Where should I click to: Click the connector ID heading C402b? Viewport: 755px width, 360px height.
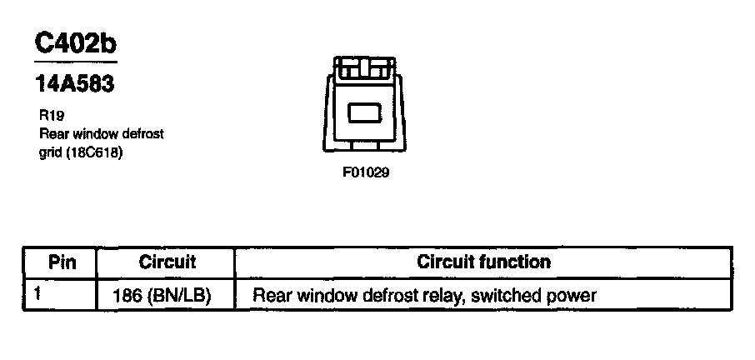tap(75, 42)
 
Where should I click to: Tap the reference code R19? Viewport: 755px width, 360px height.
tap(49, 117)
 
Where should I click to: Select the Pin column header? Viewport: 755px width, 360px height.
tap(62, 262)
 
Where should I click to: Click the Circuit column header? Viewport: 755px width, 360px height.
tap(167, 262)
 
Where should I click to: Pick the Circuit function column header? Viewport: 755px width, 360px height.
tap(483, 262)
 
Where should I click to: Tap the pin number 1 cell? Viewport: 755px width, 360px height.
tap(38, 294)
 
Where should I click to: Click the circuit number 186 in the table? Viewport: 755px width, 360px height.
tap(126, 296)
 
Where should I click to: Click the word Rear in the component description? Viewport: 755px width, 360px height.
tap(54, 136)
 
